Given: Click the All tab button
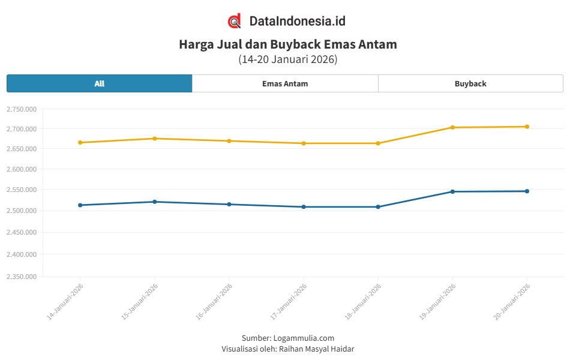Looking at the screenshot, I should [x=99, y=83].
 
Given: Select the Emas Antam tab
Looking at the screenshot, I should [x=285, y=83].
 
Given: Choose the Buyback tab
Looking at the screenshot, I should [x=470, y=83].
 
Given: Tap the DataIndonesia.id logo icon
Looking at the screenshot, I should [x=235, y=21].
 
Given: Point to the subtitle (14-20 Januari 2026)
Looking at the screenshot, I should [x=288, y=59].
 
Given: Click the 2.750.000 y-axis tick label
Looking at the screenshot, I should [x=22, y=109].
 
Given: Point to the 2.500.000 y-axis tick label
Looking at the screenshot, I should [x=22, y=211].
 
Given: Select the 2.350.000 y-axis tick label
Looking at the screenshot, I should [x=22, y=277].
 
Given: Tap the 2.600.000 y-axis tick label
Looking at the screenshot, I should [x=22, y=169].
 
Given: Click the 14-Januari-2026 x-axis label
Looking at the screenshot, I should [x=65, y=301].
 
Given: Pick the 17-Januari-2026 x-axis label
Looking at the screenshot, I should [x=289, y=301].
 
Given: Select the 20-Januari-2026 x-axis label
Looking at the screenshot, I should [x=512, y=301].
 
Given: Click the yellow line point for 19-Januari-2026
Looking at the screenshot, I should [x=452, y=127].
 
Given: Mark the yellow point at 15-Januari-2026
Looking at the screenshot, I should [x=155, y=139].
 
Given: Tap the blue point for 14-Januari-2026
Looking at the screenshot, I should [x=80, y=205].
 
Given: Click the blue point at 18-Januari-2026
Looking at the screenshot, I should [x=378, y=207].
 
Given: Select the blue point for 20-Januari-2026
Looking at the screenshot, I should [x=527, y=191].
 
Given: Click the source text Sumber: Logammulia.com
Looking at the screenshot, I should [x=288, y=338].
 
